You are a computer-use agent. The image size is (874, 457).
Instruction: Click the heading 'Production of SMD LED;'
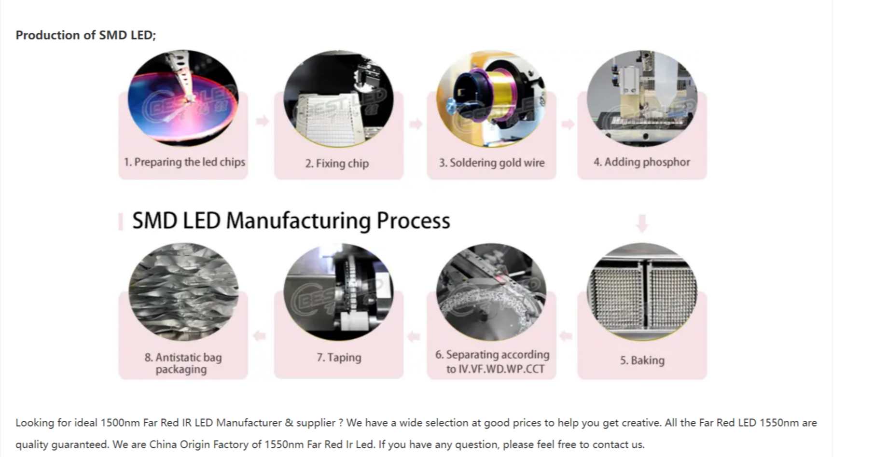point(85,35)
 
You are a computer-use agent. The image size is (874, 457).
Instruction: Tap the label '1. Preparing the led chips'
point(184,162)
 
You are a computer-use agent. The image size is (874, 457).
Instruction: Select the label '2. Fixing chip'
point(337,164)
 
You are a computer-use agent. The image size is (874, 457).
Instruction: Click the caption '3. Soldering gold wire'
point(492,163)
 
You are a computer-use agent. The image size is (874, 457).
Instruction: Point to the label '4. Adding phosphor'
point(642,162)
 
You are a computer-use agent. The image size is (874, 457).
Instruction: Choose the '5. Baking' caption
point(642,360)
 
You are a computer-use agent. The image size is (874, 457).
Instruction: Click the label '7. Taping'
point(339,358)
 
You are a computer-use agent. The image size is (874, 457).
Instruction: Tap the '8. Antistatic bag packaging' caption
point(183,363)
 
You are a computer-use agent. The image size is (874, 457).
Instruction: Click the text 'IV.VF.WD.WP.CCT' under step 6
point(495,369)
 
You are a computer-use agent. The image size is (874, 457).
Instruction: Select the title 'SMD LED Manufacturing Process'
point(291,221)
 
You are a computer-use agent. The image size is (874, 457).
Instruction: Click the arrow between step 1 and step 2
point(262,121)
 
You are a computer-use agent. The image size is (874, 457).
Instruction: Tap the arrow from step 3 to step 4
point(568,124)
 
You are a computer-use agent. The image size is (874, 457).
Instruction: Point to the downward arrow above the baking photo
point(642,223)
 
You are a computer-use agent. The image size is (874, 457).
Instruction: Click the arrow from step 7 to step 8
point(260,335)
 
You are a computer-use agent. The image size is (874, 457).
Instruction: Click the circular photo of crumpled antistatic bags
point(183,292)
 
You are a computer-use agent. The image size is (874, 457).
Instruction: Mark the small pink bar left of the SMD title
point(120,222)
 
